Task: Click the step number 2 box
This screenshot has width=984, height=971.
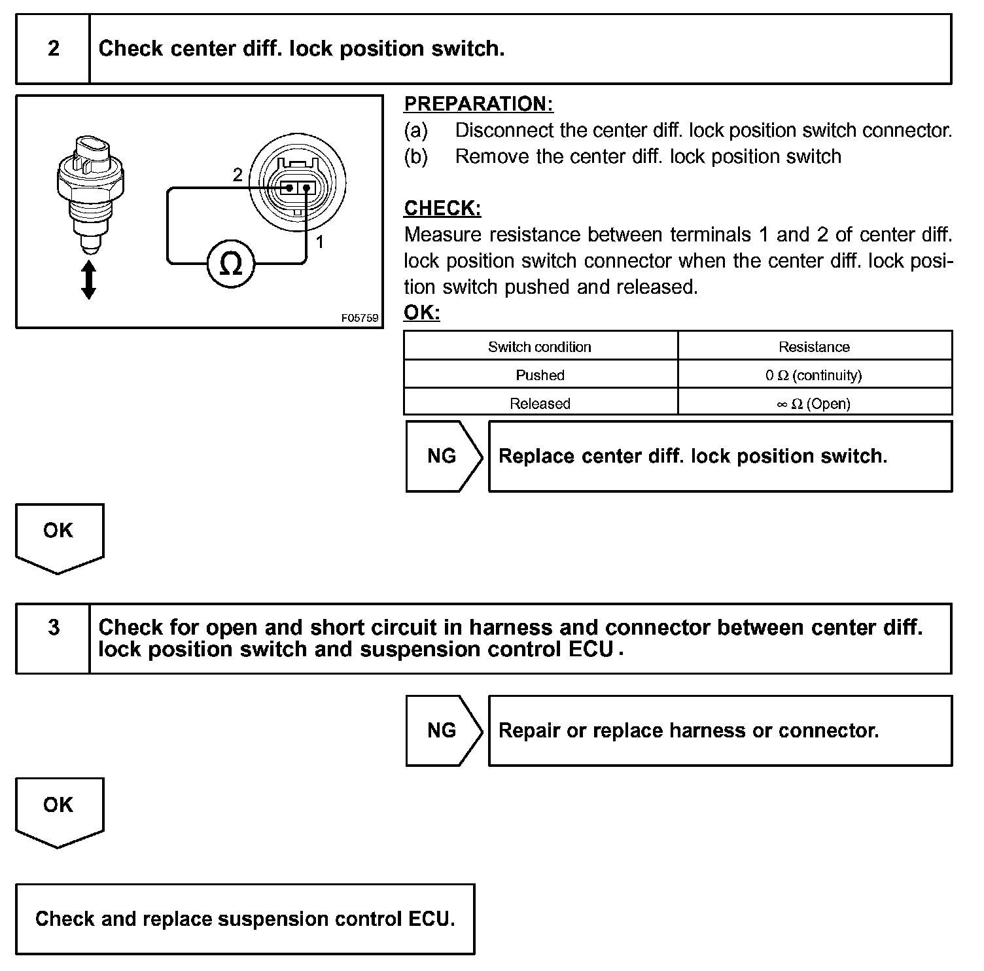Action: point(53,49)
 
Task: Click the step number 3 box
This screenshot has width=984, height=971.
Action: point(53,638)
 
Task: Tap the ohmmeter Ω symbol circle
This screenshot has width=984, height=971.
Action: point(230,263)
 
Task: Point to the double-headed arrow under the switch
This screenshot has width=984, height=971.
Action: point(88,280)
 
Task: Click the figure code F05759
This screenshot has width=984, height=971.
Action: point(360,318)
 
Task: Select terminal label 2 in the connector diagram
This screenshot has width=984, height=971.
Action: point(237,175)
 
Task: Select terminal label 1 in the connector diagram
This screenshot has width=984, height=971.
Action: point(320,242)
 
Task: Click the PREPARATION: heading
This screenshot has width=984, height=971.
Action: point(478,104)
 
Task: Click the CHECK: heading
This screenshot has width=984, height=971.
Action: point(442,208)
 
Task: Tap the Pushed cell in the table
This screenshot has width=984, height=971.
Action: point(540,375)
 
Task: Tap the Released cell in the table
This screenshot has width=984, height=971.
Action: point(540,403)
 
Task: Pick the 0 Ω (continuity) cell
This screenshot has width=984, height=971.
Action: point(814,375)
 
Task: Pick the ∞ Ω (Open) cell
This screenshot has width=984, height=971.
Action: point(814,403)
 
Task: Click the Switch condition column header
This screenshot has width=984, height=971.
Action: point(540,347)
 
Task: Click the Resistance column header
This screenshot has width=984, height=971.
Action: point(814,347)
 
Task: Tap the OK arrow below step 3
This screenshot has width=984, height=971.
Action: point(59,809)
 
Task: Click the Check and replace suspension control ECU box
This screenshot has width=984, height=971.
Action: point(245,919)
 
